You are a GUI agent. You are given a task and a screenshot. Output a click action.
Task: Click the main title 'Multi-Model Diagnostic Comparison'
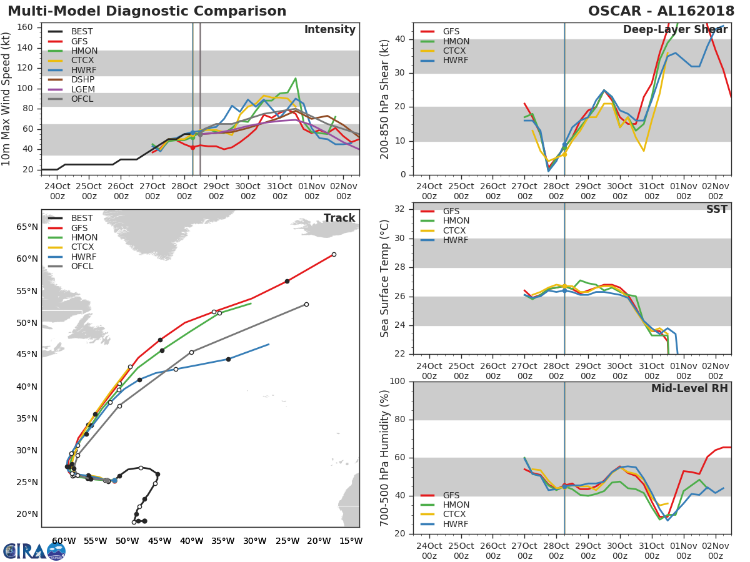coord(147,11)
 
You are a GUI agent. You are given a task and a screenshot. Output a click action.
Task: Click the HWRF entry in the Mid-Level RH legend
coord(455,524)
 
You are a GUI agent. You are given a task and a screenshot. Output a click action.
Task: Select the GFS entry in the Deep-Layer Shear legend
coord(451,32)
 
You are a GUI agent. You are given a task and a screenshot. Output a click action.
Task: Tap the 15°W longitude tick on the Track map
coord(351,541)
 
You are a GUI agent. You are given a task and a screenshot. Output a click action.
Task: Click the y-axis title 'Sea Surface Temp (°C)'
coord(385,279)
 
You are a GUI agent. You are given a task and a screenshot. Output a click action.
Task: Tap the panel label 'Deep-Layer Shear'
coord(675,30)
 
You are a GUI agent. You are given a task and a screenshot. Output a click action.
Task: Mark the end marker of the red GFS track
coord(334,254)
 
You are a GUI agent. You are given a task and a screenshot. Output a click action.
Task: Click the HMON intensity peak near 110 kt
coord(295,79)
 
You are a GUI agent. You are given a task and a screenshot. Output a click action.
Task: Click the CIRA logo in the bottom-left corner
coord(34,551)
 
